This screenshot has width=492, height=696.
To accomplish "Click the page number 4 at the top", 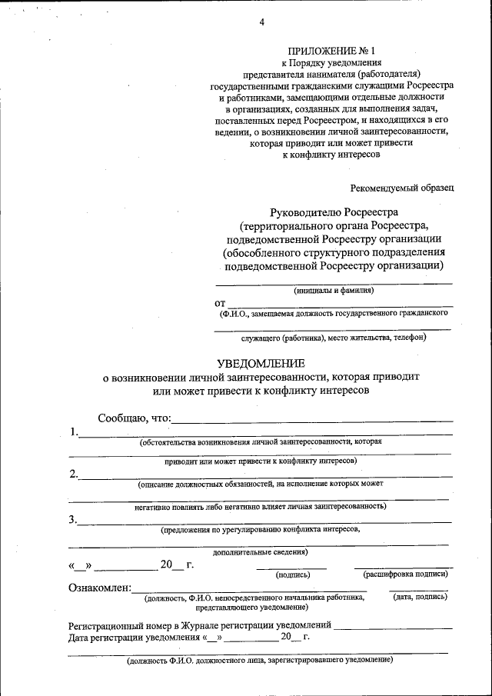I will [x=262, y=22].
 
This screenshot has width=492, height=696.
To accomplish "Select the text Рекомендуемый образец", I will [x=402, y=187].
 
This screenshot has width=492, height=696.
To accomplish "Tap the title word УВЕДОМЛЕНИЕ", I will [x=261, y=363].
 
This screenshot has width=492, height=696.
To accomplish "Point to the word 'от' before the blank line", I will [x=221, y=304].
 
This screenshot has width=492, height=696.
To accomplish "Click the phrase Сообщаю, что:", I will [x=135, y=418].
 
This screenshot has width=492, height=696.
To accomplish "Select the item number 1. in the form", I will [x=74, y=432].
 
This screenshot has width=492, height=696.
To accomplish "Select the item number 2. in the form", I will [x=74, y=474].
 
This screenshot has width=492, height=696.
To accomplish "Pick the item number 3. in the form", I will [x=74, y=519].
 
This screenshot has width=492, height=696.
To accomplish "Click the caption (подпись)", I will [x=292, y=574].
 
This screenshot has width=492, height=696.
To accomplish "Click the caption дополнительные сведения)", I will [x=261, y=551].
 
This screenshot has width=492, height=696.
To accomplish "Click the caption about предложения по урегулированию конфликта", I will [x=261, y=529].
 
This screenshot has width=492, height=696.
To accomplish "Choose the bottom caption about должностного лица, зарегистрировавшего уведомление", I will [x=261, y=661].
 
